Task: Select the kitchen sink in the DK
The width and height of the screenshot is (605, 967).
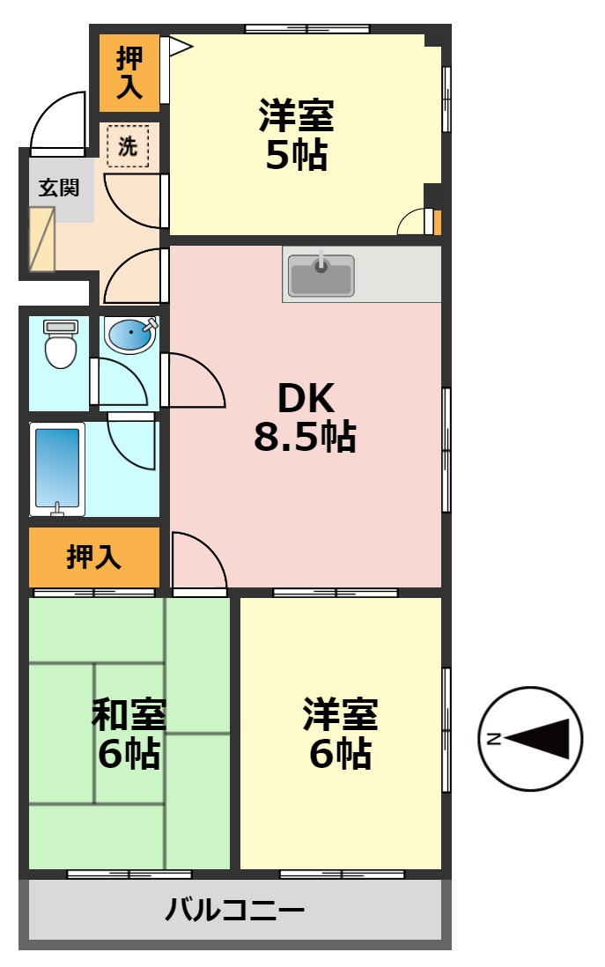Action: [321, 275]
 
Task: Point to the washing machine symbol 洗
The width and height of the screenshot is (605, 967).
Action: [128, 146]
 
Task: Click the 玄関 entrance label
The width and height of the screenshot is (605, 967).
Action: [59, 188]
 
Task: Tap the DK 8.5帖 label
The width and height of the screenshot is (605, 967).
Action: [305, 418]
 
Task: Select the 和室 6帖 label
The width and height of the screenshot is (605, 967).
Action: [129, 734]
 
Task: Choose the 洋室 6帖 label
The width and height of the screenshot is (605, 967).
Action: [340, 734]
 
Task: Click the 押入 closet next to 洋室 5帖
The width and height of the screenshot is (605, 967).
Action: [129, 72]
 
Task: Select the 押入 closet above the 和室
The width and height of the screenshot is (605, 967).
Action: [93, 557]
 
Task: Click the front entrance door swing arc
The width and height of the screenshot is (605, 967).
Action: [57, 122]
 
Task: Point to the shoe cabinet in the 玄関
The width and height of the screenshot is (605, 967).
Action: [42, 239]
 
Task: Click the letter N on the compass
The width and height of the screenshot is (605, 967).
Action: [494, 738]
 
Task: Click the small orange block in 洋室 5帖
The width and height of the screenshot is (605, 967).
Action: [438, 222]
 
